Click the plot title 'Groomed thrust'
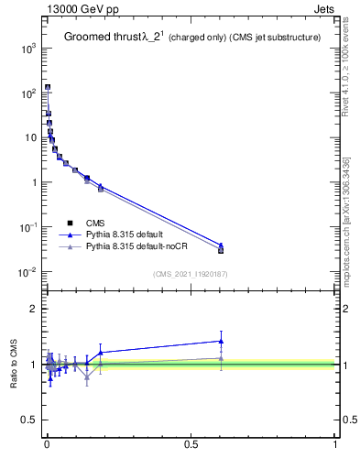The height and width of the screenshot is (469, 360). (x=100, y=38)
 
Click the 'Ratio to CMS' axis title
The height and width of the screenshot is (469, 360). (x=13, y=364)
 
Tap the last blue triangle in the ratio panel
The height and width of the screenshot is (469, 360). (x=221, y=341)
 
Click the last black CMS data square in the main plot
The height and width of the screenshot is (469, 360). (x=221, y=250)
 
